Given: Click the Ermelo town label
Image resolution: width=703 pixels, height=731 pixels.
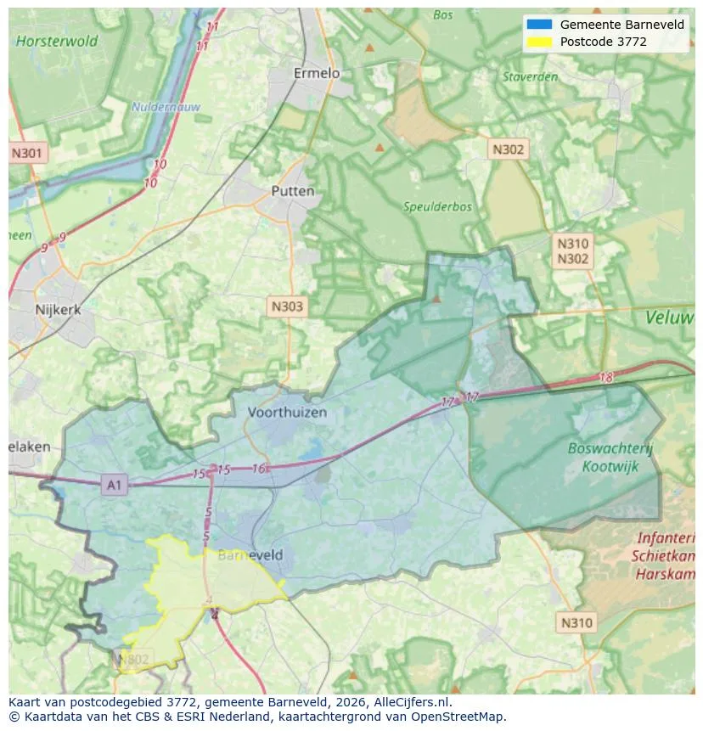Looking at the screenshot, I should [316, 74].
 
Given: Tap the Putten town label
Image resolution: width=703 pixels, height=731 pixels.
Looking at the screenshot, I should [292, 192].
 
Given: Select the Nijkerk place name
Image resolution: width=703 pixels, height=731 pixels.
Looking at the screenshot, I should [58, 310].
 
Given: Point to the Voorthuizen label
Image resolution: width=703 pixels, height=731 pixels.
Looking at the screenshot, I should [287, 413].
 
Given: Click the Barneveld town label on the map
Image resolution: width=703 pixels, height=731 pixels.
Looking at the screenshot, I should [250, 555].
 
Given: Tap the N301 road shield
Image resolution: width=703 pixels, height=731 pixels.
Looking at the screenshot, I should [27, 154].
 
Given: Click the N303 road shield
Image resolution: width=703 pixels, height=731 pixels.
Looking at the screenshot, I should [287, 306].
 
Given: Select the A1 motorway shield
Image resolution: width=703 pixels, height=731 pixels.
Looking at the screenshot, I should [114, 486].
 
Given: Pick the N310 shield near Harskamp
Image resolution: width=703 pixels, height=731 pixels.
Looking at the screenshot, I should [576, 623].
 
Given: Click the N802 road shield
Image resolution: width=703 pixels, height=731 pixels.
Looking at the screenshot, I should [133, 660].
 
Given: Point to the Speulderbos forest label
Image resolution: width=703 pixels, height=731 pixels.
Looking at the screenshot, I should [438, 207].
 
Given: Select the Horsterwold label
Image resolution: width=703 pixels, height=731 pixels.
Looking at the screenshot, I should [57, 41].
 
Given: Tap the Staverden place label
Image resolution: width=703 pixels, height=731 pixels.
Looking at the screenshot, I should [530, 77].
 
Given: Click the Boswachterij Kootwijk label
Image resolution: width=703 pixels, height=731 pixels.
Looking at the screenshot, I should [610, 457].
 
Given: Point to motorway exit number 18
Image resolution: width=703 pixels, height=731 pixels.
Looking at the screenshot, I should [605, 378].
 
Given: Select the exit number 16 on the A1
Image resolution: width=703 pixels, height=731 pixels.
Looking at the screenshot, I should [259, 469].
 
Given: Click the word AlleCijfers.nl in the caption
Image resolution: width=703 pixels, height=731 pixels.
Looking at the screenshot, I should [403, 703].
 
